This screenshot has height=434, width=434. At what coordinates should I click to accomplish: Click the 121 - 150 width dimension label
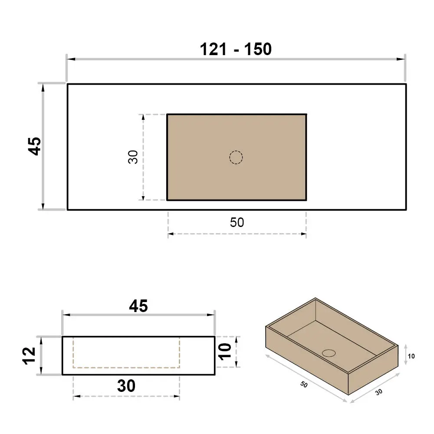tap(236, 49)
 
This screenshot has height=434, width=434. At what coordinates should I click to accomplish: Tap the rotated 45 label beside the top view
tap(35, 146)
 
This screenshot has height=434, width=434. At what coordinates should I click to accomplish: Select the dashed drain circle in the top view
tap(236, 158)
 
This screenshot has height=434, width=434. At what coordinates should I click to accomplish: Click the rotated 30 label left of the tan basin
tap(133, 157)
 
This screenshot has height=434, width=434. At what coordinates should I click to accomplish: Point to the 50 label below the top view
tap(237, 223)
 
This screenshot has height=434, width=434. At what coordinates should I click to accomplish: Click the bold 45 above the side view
tap(138, 306)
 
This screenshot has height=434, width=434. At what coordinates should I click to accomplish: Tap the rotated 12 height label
tap(29, 356)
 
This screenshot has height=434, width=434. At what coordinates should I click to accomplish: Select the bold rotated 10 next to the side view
tap(225, 352)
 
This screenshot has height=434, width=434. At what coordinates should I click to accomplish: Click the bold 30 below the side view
tap(126, 385)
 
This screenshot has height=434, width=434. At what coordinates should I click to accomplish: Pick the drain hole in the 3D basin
tap(329, 353)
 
